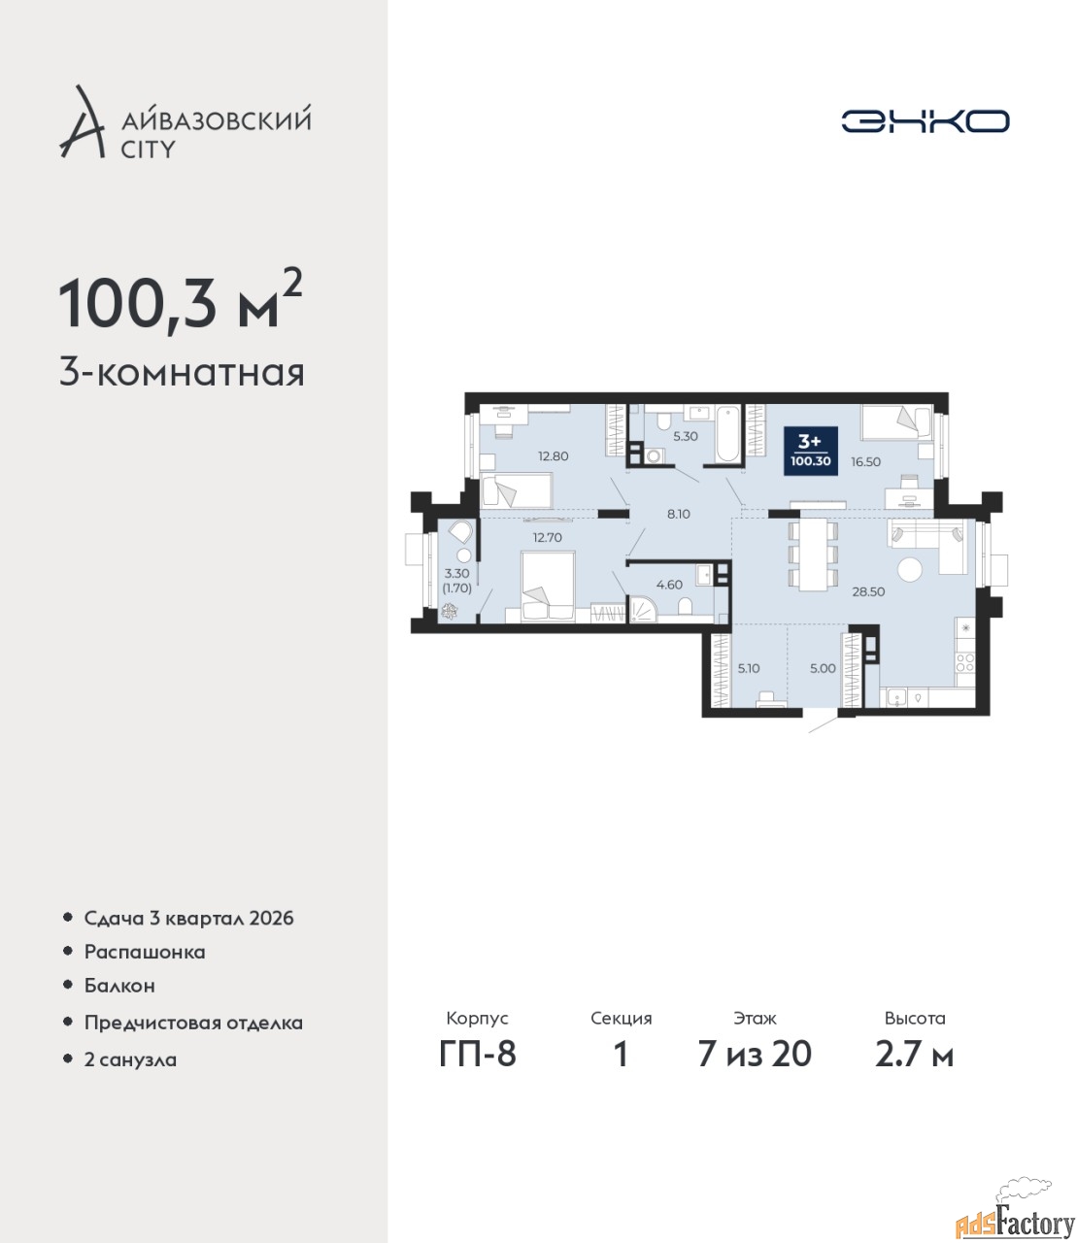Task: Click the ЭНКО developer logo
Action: (925, 120)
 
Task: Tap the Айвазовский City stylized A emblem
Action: (82, 122)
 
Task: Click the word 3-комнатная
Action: (182, 374)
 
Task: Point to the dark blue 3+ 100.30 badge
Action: (811, 451)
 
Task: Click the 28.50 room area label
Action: (868, 591)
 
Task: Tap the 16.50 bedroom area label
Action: (865, 462)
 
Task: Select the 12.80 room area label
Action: (553, 455)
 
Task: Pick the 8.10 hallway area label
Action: (678, 514)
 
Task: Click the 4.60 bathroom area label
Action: (669, 585)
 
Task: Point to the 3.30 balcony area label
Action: (457, 574)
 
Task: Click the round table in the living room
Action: (909, 569)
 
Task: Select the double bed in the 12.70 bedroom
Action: (548, 587)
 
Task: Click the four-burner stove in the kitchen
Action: (965, 662)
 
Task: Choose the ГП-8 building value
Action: (478, 1071)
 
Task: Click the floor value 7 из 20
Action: (755, 1071)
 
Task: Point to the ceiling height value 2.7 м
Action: (914, 1071)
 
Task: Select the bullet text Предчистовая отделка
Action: (193, 1023)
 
